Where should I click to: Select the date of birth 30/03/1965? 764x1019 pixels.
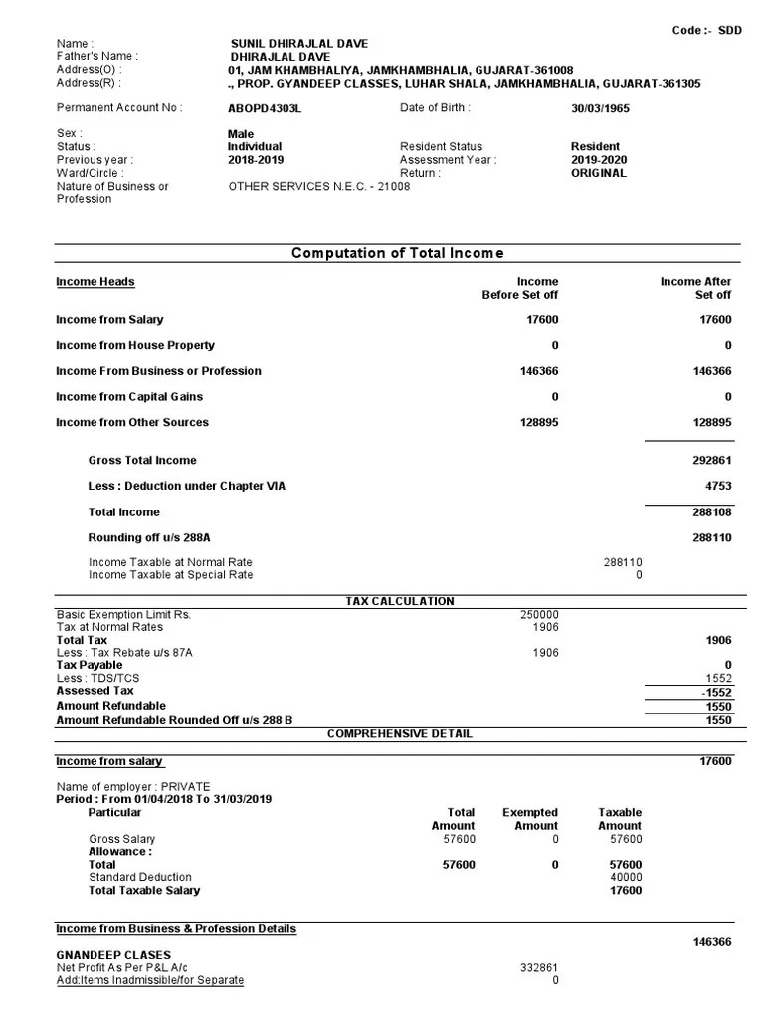[600, 108]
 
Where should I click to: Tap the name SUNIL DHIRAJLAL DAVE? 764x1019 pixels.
[297, 44]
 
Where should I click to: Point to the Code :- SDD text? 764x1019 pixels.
[707, 31]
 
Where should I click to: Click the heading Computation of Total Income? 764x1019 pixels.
[397, 253]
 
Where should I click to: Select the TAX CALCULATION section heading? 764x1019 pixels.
[399, 601]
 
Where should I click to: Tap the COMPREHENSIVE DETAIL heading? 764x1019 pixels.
[399, 734]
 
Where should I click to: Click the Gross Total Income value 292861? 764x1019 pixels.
[711, 461]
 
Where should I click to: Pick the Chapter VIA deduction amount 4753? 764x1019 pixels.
[717, 487]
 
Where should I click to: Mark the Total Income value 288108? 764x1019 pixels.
[711, 512]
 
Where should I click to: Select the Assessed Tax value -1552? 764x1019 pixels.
[715, 691]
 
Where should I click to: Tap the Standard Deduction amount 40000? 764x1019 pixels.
[625, 878]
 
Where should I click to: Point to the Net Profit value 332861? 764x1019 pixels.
[539, 967]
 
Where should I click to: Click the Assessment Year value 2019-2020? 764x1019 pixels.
[599, 160]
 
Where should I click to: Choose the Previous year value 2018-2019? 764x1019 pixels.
[256, 160]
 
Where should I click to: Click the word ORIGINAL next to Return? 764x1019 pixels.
[599, 173]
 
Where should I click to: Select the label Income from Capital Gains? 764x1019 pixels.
[130, 397]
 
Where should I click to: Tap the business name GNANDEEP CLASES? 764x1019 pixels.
[113, 955]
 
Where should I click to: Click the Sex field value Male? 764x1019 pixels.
[241, 134]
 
